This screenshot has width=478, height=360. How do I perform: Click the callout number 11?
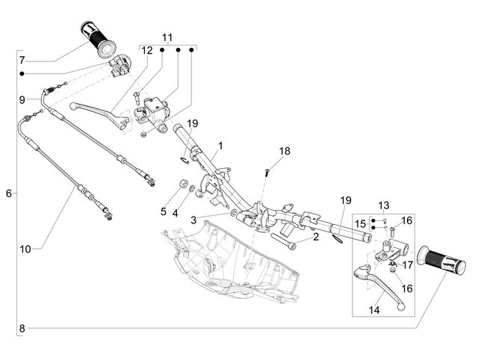pyautogui.click(x=167, y=37)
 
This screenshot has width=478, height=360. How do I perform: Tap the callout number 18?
pyautogui.click(x=285, y=151)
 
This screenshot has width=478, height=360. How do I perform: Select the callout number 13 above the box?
pyautogui.click(x=384, y=205)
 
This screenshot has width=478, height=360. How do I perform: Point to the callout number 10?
pyautogui.click(x=25, y=249)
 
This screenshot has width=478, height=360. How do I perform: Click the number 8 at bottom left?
pyautogui.click(x=22, y=329)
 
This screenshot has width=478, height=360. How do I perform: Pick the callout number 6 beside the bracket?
pyautogui.click(x=9, y=193)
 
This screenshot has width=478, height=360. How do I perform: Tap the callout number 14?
pyautogui.click(x=374, y=310)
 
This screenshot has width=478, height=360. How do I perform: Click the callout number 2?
pyautogui.click(x=316, y=237)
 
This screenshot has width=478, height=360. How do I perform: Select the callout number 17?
pyautogui.click(x=408, y=265)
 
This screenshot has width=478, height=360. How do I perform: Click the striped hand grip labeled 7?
pyautogui.click(x=98, y=40)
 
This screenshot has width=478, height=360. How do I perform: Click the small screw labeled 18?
pyautogui.click(x=267, y=173)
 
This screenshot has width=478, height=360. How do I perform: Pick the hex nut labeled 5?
pyautogui.click(x=183, y=184)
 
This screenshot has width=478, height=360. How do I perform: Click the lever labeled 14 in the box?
pyautogui.click(x=379, y=285)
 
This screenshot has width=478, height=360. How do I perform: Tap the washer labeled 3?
pyautogui.click(x=233, y=212)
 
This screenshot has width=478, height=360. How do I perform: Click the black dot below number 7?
pyautogui.click(x=22, y=74)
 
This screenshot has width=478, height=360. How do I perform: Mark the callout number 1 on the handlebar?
pyautogui.click(x=220, y=146)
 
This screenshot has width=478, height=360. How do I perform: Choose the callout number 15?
pyautogui.click(x=360, y=224)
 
